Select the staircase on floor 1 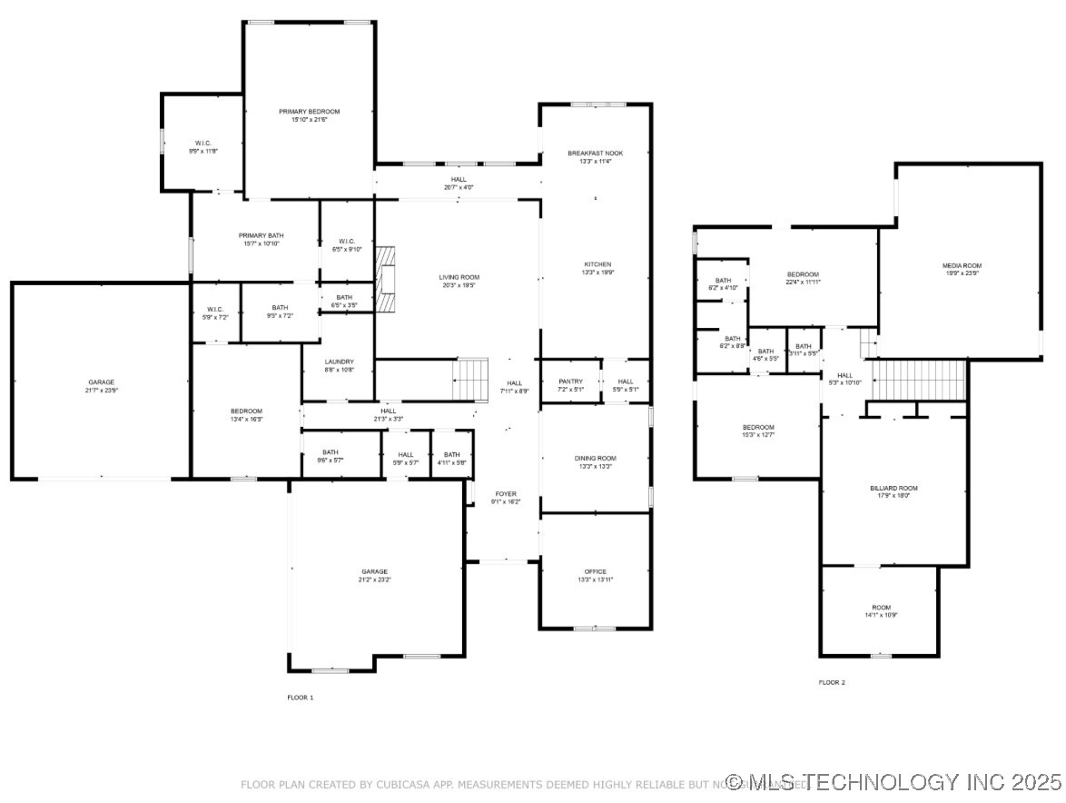coord(471,379)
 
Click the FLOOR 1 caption coord(300,698)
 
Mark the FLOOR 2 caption coord(832,682)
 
